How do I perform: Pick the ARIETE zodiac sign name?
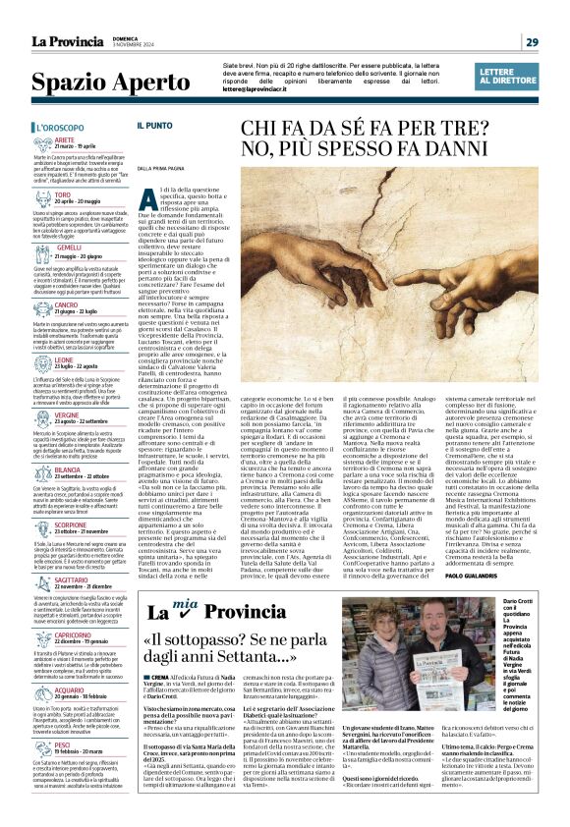[93, 140]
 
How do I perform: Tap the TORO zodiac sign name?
[90, 194]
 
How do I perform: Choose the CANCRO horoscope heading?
[94, 305]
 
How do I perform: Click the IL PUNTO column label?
[181, 127]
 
